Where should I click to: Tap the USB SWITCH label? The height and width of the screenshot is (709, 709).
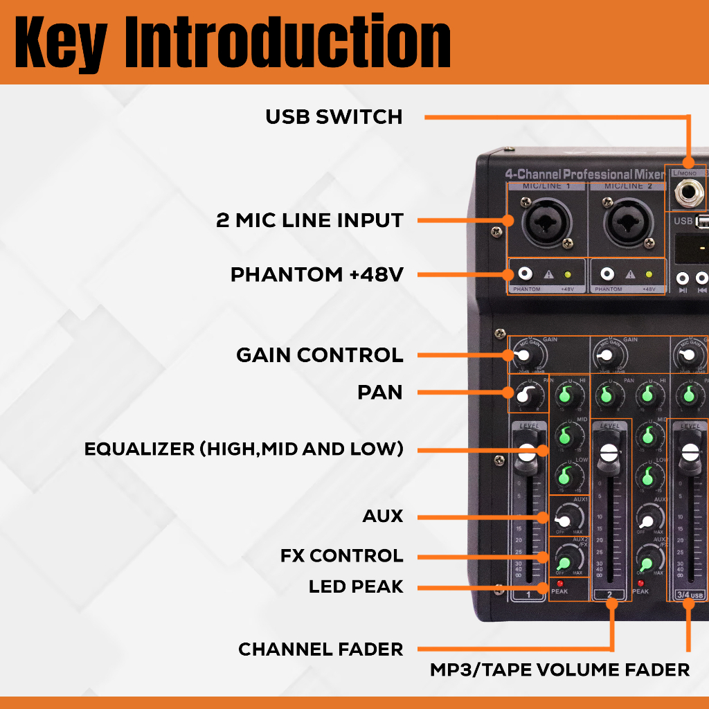(334, 117)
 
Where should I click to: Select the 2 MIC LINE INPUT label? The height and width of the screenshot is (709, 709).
(309, 221)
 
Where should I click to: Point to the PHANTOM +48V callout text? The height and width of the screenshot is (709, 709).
(316, 275)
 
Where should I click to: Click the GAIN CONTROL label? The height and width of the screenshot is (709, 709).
(319, 355)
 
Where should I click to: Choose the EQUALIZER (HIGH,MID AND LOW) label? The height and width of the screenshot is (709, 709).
(244, 449)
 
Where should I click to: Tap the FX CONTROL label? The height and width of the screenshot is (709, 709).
(341, 555)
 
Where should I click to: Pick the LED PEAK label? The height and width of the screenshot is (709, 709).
(355, 586)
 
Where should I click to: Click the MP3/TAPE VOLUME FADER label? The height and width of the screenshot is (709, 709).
(559, 670)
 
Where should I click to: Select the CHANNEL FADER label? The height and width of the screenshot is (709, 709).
(321, 649)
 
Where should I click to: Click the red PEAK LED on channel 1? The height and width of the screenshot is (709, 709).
(559, 584)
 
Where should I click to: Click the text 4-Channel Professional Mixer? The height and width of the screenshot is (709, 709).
(584, 174)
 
